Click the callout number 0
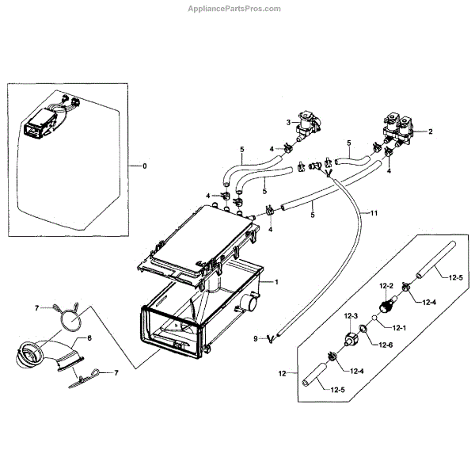coord(143,166)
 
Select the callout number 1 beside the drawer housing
coord(277,281)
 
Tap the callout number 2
coord(431,132)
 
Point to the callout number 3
coord(288,121)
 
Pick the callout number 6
coord(89,337)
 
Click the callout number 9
coord(256,339)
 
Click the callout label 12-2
coord(386,285)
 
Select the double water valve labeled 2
coord(399,128)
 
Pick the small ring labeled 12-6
coord(363,329)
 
